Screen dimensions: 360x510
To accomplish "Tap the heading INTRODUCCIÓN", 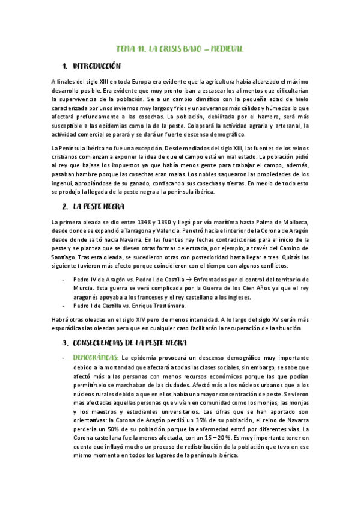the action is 96,66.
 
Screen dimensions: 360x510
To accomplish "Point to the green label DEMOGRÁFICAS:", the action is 96,358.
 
